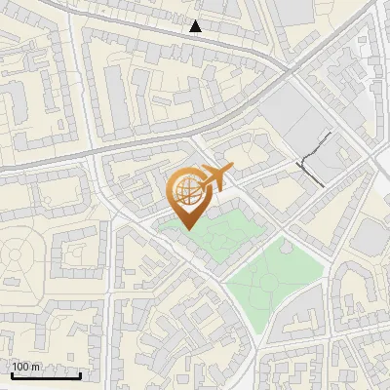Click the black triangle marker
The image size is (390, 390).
(x=196, y=26)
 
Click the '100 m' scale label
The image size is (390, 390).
(x=25, y=367)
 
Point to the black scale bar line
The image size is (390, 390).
(x=46, y=374)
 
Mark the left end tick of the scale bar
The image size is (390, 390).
(x=12, y=373)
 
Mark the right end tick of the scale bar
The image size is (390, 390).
(x=80, y=373)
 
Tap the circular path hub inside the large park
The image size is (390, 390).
(x=268, y=283)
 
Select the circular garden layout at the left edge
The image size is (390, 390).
(x=17, y=256)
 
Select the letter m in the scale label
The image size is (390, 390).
(x=35, y=367)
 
